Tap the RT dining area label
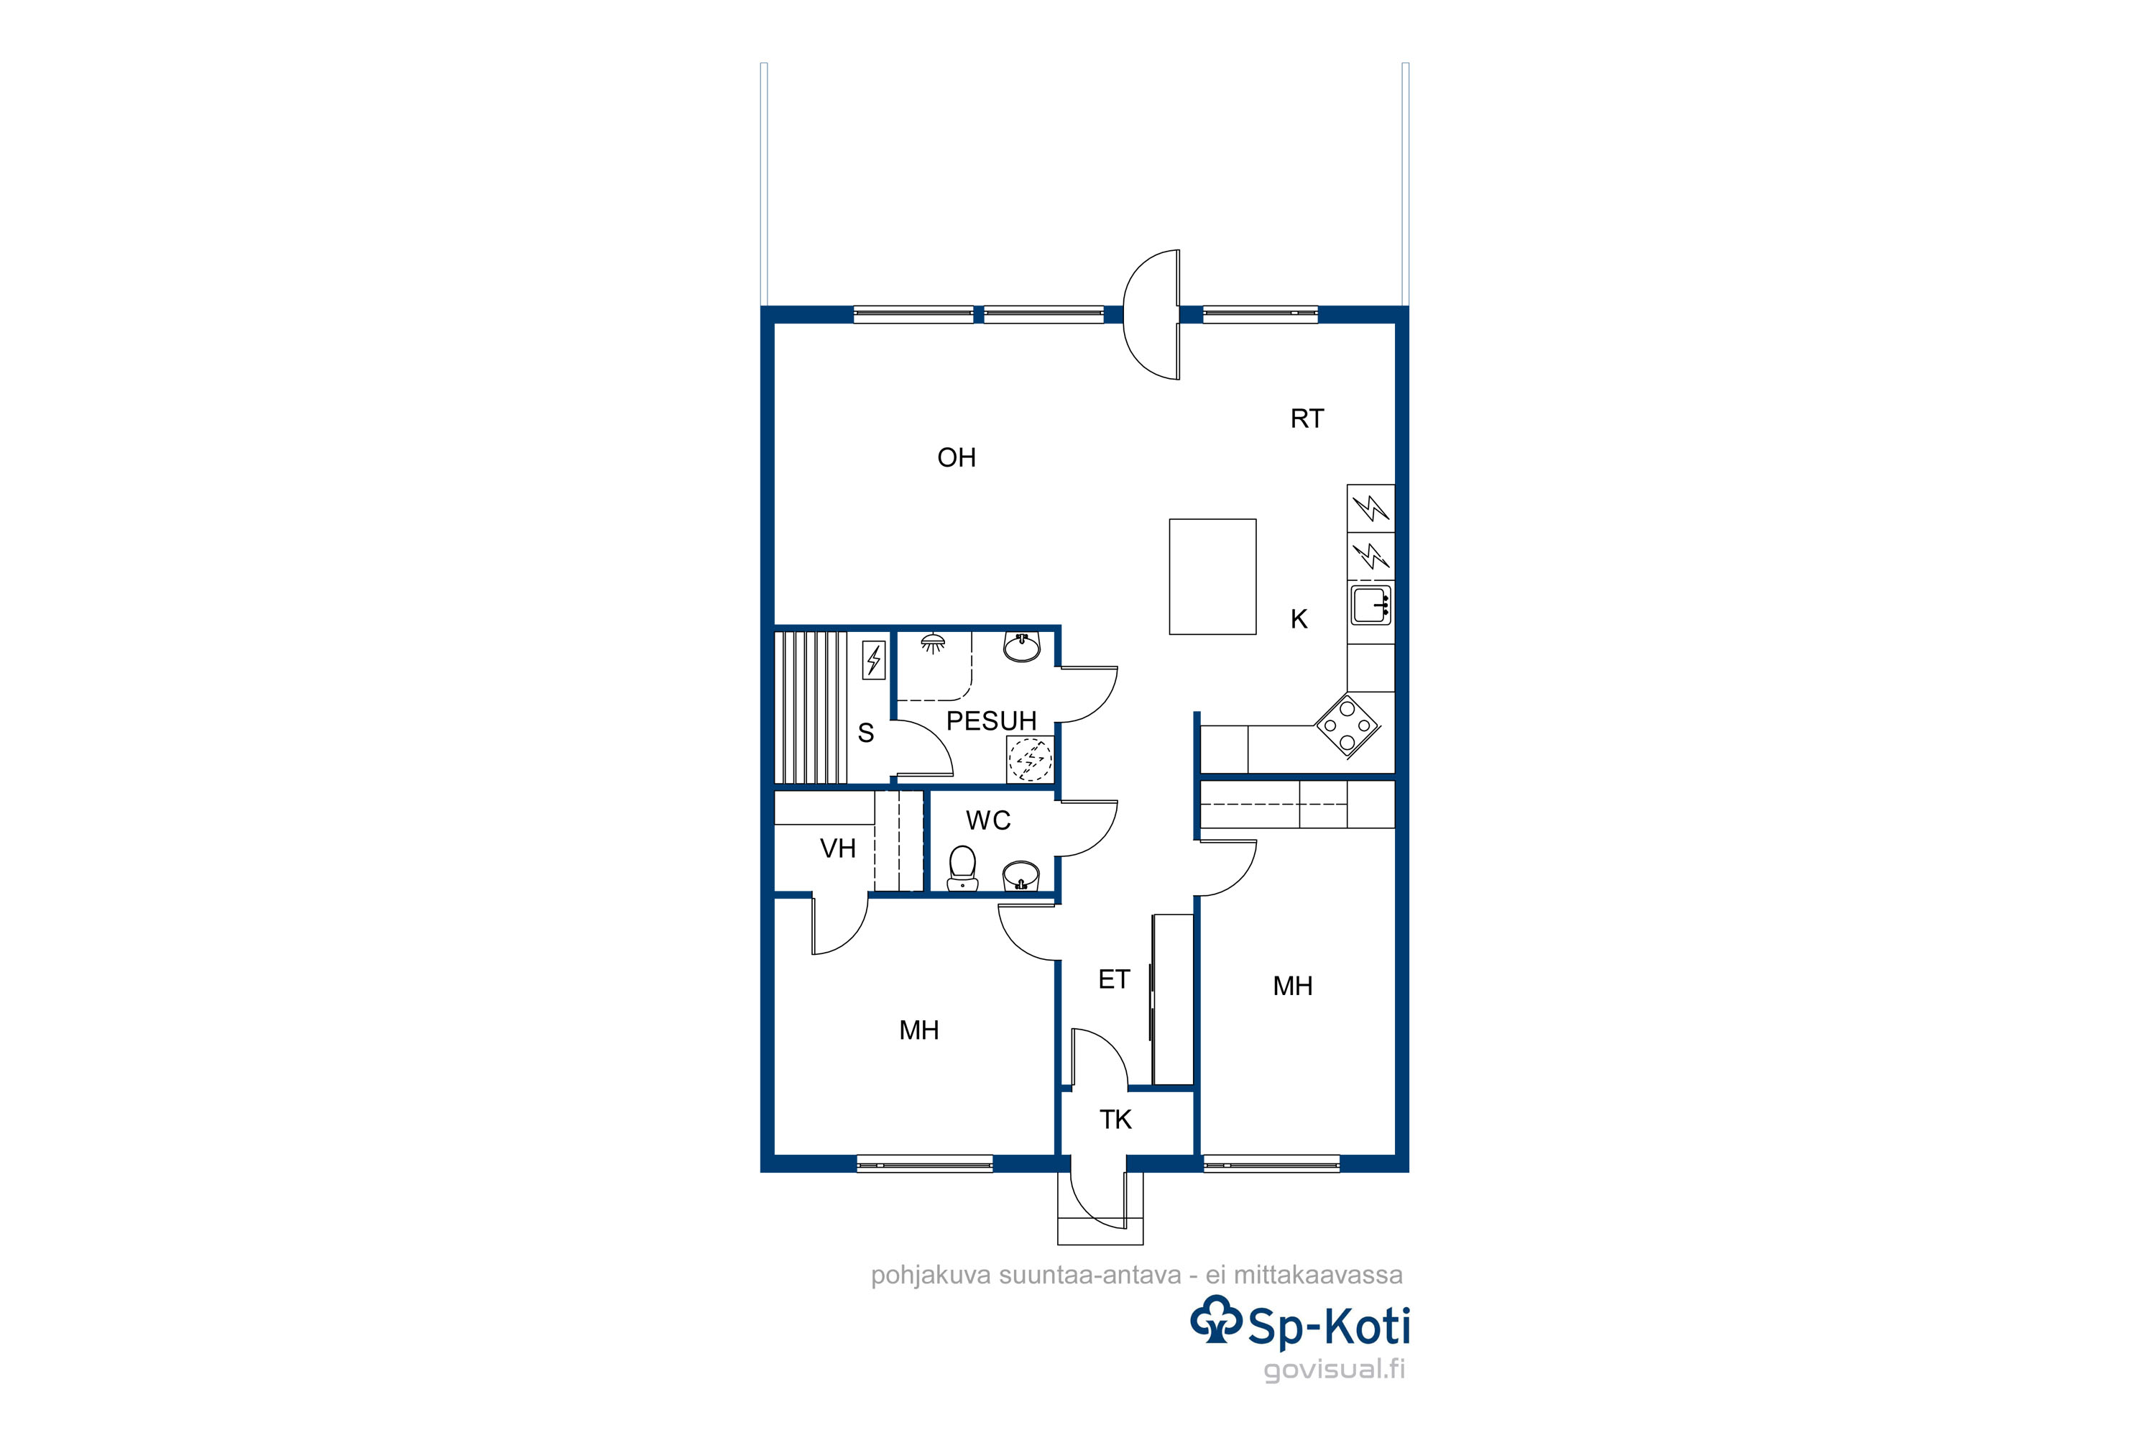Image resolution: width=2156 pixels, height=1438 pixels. click(x=1307, y=419)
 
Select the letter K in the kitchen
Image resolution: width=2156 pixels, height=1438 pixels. click(x=1299, y=619)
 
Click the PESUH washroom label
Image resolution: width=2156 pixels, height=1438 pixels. click(x=991, y=721)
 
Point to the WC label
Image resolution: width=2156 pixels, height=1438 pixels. click(x=988, y=821)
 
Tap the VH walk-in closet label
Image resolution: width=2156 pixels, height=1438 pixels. click(x=838, y=848)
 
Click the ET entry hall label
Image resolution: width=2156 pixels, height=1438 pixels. click(x=1114, y=979)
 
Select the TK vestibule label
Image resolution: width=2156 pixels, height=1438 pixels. click(x=1115, y=1119)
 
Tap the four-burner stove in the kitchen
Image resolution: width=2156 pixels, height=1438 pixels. click(x=1347, y=725)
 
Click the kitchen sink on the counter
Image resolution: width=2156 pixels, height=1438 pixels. click(x=1370, y=605)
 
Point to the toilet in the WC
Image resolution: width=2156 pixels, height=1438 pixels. click(x=962, y=868)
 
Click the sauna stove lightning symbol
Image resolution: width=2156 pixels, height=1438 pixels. click(x=874, y=660)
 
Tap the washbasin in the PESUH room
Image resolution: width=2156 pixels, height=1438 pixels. click(x=1021, y=646)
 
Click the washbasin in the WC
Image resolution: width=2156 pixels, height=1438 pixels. click(x=1021, y=876)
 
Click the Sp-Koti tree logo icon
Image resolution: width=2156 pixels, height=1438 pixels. click(x=1217, y=1321)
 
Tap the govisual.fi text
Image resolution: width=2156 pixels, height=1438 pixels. click(x=1334, y=1370)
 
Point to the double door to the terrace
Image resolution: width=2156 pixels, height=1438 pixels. click(x=1152, y=315)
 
